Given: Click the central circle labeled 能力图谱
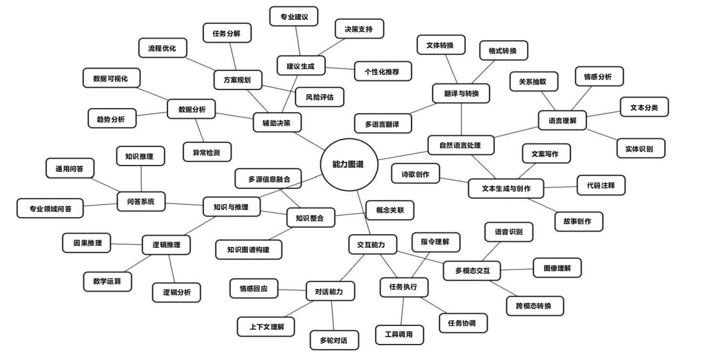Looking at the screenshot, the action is [x=348, y=164].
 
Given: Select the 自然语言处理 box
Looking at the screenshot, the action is [x=460, y=146].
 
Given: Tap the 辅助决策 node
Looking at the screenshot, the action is [x=277, y=122].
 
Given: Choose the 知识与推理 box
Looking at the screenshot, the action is [x=231, y=207].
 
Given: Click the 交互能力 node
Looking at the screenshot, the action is [x=373, y=245].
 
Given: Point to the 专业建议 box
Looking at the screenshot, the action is [x=294, y=17].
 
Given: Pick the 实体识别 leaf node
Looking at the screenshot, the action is [x=641, y=148].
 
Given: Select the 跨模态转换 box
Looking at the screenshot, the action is [x=535, y=306].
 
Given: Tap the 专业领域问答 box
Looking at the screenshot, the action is [x=50, y=209].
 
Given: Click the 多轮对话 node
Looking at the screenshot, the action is [x=334, y=340].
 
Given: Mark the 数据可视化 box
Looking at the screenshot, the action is [x=111, y=78].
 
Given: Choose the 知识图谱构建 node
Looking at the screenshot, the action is [x=248, y=249].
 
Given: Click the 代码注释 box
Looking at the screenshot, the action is [x=601, y=185].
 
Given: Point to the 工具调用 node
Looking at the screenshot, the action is [x=399, y=335].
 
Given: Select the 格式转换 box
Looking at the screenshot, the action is [x=503, y=51].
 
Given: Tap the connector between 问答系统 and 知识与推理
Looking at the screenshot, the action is [x=184, y=204].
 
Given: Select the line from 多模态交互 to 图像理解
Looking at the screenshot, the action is [x=517, y=270].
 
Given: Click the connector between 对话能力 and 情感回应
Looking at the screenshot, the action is [x=292, y=290].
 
